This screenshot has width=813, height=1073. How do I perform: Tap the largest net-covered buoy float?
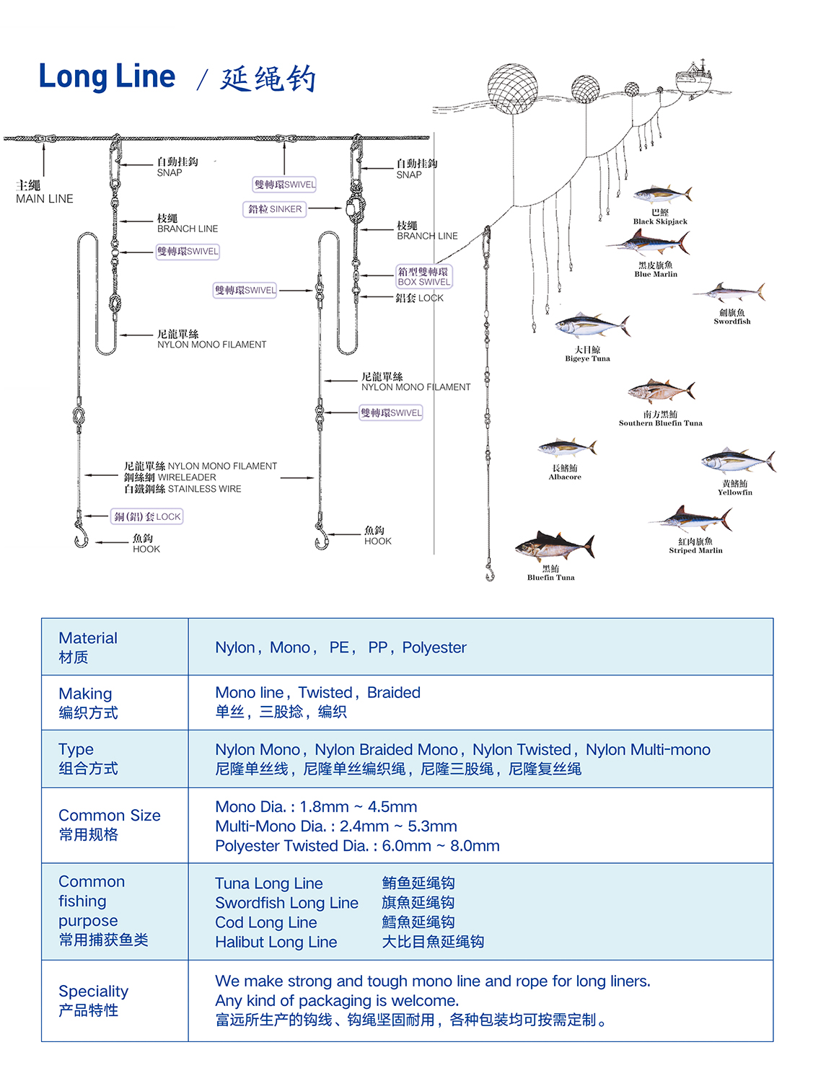[x=512, y=88]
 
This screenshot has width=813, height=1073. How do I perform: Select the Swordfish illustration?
[x=730, y=293]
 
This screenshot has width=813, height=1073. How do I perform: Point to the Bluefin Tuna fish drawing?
[x=554, y=547]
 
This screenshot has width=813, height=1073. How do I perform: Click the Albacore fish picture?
[x=567, y=449]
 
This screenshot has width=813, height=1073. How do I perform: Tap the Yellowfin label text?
[x=734, y=493]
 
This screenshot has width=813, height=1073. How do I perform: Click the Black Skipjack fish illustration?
[x=662, y=193]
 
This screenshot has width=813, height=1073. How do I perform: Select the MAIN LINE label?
[x=45, y=198]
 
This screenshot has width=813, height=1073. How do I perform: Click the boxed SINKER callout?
[x=275, y=209]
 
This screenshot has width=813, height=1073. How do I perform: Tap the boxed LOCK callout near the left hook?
[x=147, y=516]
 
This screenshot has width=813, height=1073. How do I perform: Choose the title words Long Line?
[x=107, y=76]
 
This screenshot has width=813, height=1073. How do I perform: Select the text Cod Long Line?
[x=265, y=922]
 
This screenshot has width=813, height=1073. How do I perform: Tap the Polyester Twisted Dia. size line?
[x=357, y=846]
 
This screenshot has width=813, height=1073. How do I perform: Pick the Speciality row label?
[x=94, y=1000]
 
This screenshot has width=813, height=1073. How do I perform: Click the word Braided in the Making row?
[x=393, y=692]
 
